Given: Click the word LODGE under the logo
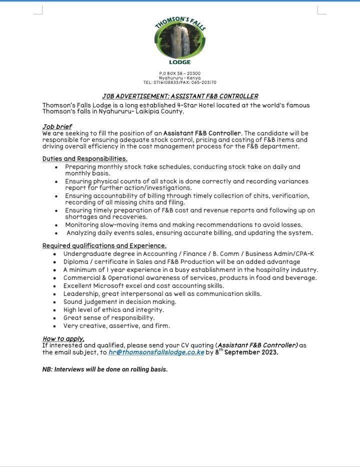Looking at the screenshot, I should tap(180, 62).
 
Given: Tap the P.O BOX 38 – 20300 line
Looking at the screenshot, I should tap(179, 73).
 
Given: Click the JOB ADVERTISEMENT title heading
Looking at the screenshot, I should tap(180, 96).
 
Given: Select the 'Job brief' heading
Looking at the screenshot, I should tap(57, 126).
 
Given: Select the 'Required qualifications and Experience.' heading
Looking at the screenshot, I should tap(104, 246).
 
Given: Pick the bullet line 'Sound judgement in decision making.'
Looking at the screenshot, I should tap(119, 302).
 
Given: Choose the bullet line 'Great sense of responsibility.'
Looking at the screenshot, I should tap(109, 318).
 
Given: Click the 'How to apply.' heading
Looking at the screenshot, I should tap(63, 339).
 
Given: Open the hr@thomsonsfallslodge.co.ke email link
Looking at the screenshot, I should tap(156, 352).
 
